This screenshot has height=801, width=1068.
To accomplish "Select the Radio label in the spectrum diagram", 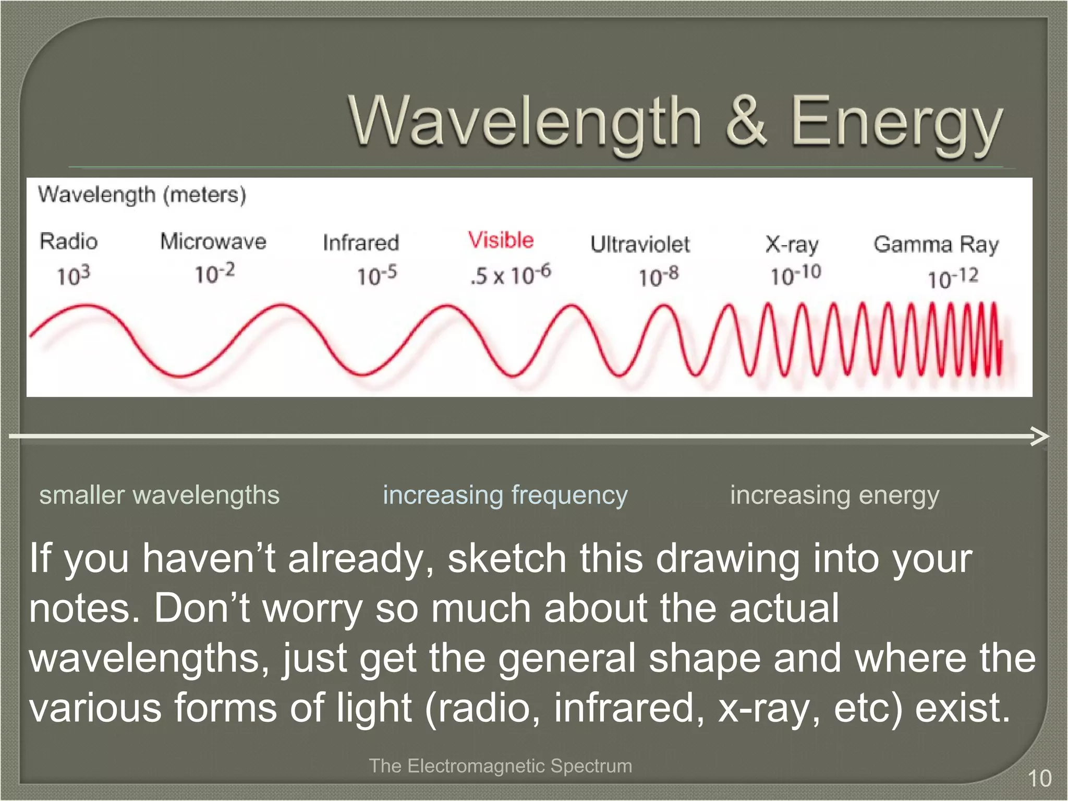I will point(68,241).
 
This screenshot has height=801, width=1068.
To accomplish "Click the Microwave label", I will point(213,241).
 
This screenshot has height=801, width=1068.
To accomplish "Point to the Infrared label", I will point(360,243).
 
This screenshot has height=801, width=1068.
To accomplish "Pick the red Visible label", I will point(501,240).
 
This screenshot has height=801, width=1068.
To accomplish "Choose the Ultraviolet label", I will point(640,244).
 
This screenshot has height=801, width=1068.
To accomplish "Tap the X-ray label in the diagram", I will point(792,244).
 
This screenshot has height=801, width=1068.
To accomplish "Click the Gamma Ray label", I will point(936,244).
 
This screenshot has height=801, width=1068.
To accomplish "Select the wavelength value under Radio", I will point(73,275).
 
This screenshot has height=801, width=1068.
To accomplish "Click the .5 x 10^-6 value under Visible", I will point(510,274).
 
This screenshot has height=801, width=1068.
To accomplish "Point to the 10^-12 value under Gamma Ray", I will point(952,278).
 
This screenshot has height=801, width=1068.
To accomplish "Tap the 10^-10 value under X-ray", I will point(795,275).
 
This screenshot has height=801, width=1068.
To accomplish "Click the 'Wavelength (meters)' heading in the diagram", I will point(142,195).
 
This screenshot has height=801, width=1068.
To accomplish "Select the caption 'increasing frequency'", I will point(505,495).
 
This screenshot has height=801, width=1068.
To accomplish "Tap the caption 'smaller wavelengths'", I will point(159,495).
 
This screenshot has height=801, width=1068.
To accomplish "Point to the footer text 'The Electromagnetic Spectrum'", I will point(500,766).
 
